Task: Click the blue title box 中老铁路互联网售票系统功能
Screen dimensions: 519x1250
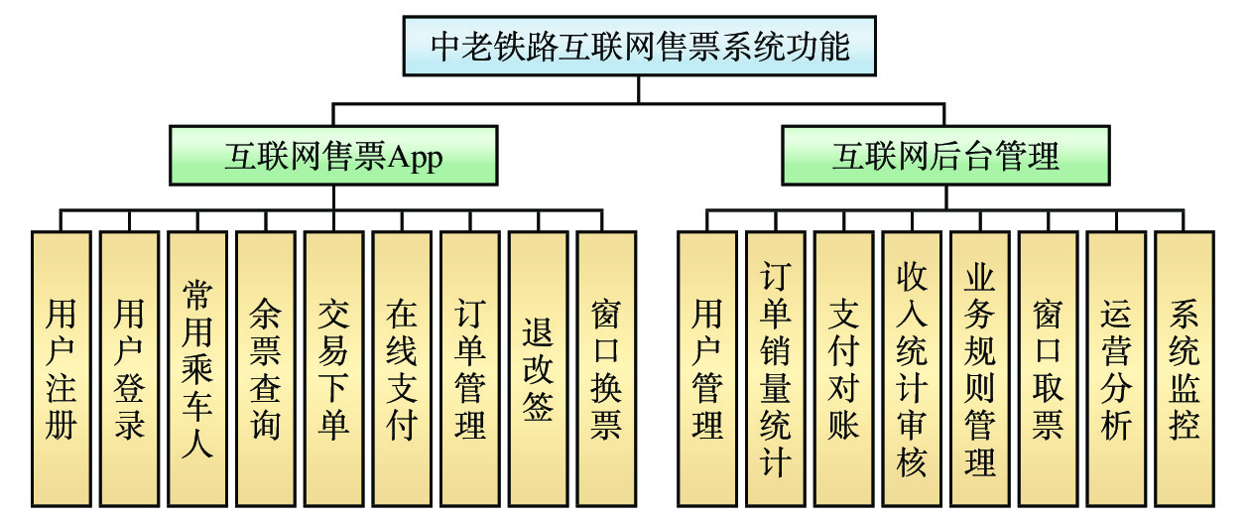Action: [640, 46]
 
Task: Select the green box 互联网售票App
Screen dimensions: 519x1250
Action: [332, 155]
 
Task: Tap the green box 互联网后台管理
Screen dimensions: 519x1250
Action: [944, 155]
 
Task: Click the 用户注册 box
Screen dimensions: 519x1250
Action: [61, 368]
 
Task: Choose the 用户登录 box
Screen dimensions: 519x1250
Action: [129, 368]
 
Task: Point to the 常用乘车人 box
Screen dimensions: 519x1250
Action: [197, 368]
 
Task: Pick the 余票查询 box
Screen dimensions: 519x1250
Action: [265, 368]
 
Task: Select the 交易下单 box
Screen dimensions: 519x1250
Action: [333, 368]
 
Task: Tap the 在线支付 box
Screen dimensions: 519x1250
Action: [402, 368]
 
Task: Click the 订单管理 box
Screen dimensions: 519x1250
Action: [469, 368]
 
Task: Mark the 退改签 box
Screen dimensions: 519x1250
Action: [538, 368]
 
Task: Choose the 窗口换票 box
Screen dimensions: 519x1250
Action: [606, 368]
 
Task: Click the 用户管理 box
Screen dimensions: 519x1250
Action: [706, 368]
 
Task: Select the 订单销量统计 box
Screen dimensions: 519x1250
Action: [775, 368]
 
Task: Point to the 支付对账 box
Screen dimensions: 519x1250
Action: [843, 368]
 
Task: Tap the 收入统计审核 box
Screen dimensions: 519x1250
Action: [911, 368]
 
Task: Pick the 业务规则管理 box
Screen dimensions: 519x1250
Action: [979, 368]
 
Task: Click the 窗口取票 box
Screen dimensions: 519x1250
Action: [1048, 368]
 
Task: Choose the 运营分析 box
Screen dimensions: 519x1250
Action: [1115, 368]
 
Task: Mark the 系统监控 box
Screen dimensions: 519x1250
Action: [1184, 368]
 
